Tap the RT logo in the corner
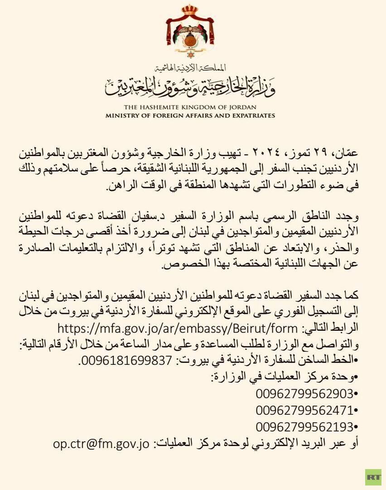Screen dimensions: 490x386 click(373, 477)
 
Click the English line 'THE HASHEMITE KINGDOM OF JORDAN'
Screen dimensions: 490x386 click(190, 107)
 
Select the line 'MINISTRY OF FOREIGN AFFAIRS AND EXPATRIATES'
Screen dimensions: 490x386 click(190, 116)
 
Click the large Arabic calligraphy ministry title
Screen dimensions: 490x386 click(190, 87)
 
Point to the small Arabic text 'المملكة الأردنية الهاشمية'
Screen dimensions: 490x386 click(190, 69)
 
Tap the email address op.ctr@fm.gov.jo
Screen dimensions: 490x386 click(101, 443)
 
